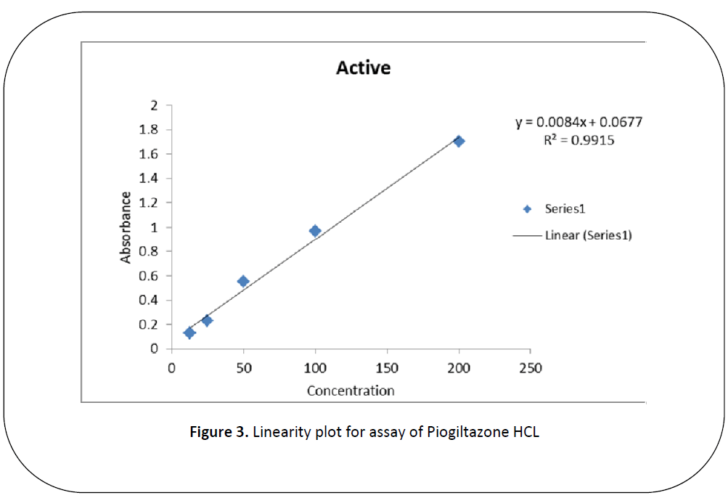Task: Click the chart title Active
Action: point(363,68)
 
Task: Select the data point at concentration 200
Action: point(459,141)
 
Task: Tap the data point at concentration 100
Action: point(315,231)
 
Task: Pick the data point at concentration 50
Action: point(243,281)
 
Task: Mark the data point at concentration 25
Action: point(207,320)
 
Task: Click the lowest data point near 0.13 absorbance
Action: point(189,332)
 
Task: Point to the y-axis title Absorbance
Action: point(126,227)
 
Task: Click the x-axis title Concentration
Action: point(351,391)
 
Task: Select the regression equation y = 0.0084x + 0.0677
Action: point(578,123)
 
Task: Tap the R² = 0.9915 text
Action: point(578,140)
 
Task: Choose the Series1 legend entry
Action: point(564,208)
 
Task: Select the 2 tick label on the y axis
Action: point(154,105)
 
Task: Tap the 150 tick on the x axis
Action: point(387,368)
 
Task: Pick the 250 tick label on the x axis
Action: point(531,368)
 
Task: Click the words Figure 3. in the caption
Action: point(219,433)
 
